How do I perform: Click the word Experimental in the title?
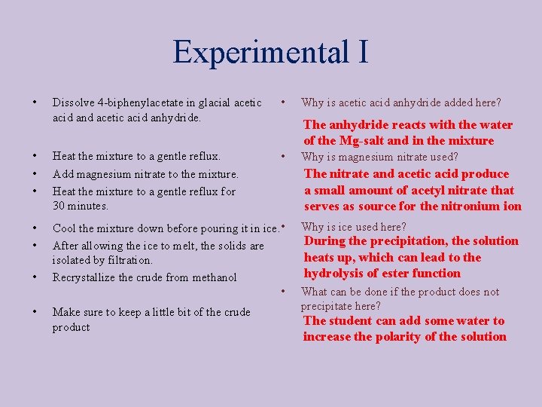(x=256, y=54)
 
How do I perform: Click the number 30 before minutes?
(x=59, y=205)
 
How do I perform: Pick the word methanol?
(x=214, y=277)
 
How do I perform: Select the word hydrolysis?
(x=334, y=274)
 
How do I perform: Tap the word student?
(x=350, y=321)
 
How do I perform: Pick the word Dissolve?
(x=72, y=103)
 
